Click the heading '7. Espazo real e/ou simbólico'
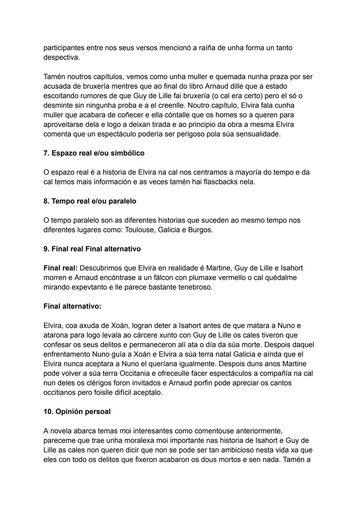coord(94,153)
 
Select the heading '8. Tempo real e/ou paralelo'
coord(90,201)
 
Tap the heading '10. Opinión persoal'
coord(77,412)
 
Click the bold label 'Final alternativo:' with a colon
coord(72,306)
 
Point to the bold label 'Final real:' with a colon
coord(60,268)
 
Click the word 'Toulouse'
coord(139,230)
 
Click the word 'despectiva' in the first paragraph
coord(61,57)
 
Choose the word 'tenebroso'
coord(195,287)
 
